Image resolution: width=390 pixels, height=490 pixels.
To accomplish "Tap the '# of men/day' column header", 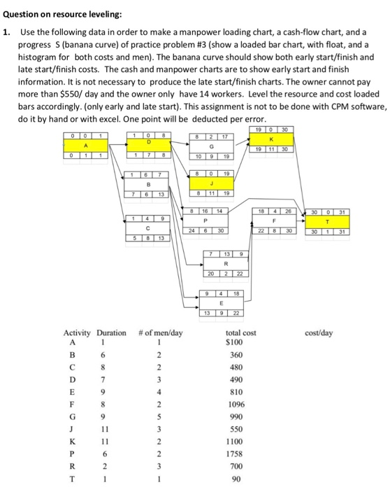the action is coord(160,333).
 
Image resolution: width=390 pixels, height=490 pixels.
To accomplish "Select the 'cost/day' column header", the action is coord(319,333).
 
